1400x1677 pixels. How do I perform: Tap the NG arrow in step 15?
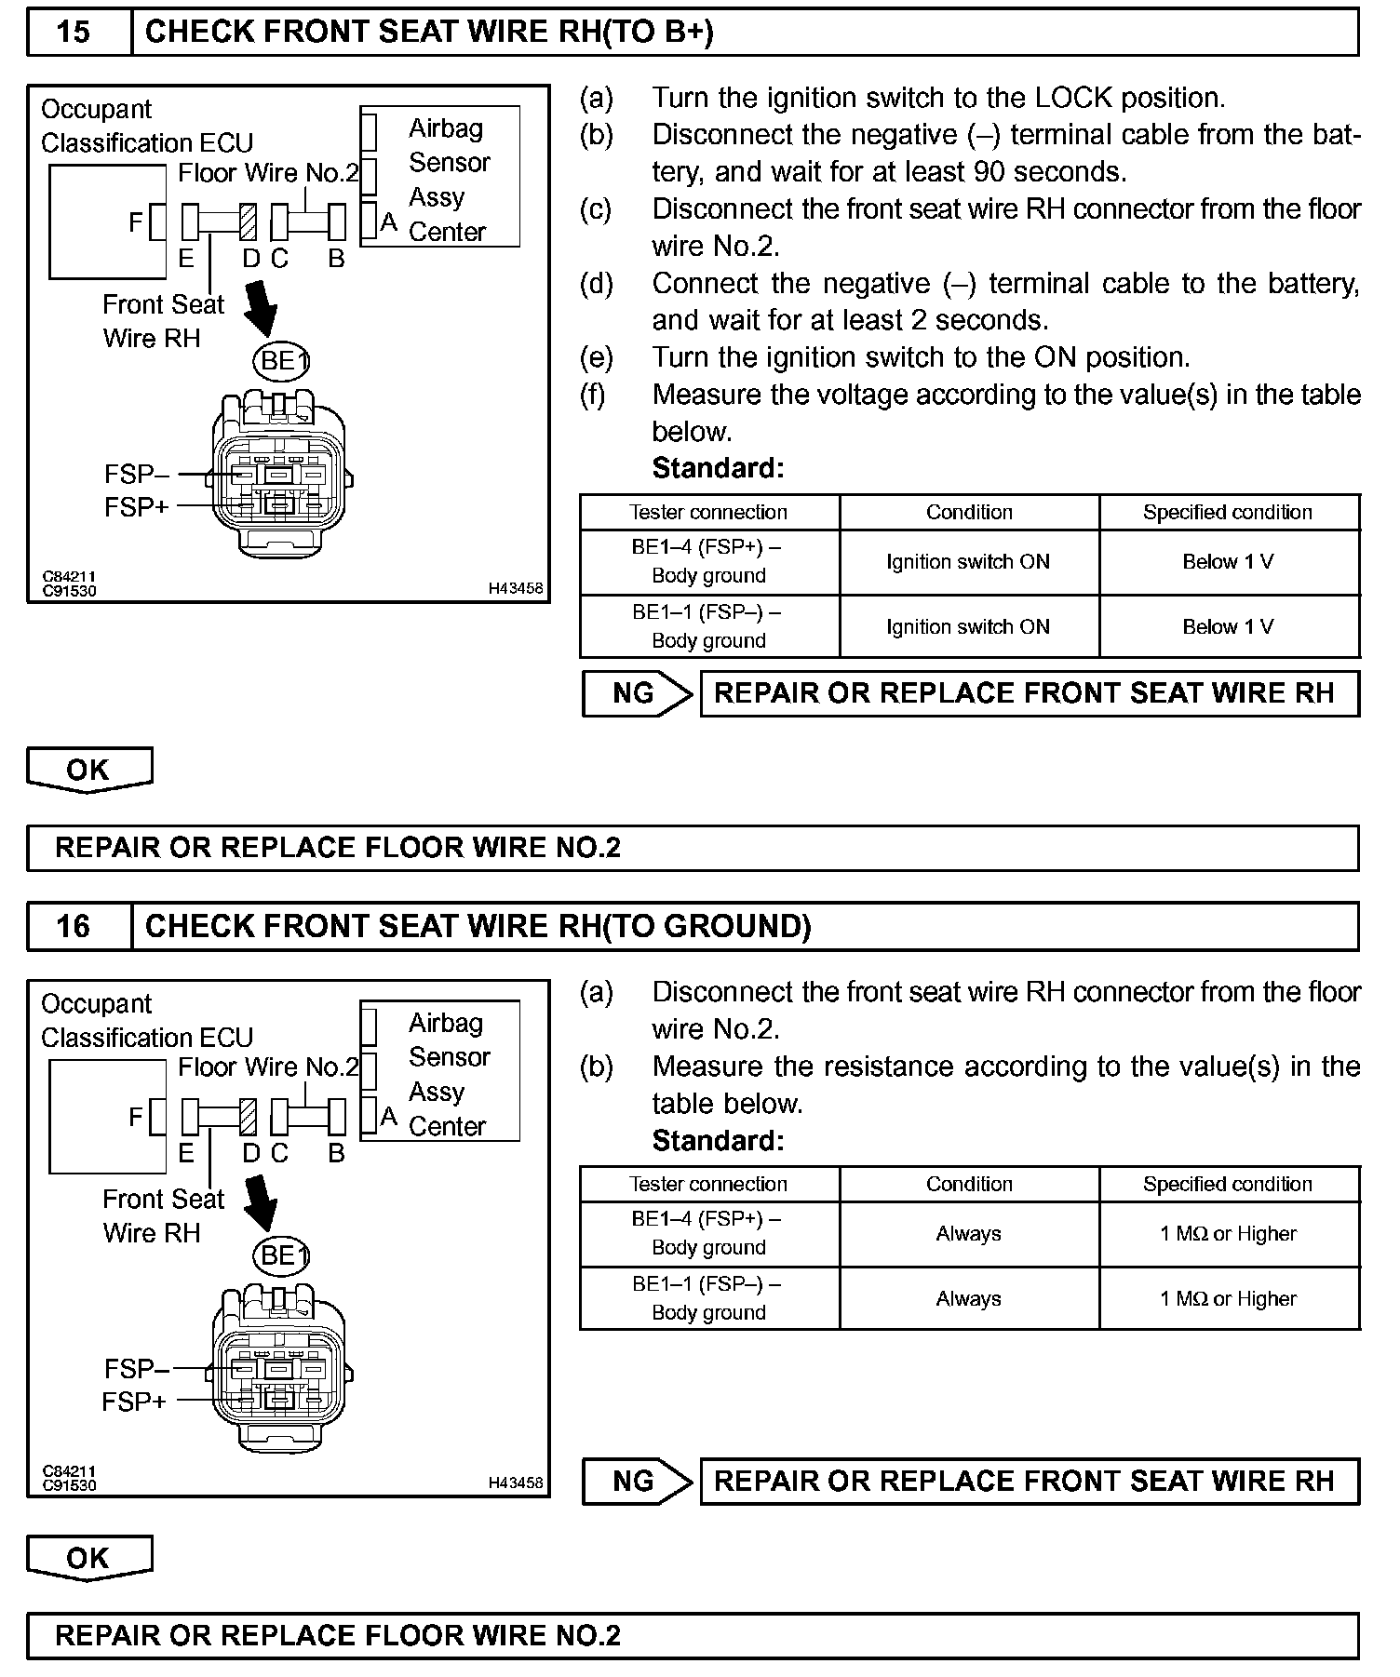point(638,693)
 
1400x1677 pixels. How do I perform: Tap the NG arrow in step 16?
point(638,1481)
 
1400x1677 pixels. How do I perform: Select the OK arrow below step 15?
point(88,771)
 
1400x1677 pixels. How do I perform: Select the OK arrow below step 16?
point(88,1558)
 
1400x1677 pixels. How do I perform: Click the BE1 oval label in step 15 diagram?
point(280,360)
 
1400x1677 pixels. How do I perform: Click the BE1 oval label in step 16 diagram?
point(280,1255)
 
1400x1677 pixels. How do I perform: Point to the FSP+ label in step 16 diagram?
point(134,1402)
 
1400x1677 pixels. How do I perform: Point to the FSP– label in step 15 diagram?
point(137,475)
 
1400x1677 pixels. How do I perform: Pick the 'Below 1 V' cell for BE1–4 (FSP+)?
point(1228,562)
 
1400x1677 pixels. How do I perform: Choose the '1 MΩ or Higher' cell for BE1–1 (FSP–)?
point(1228,1298)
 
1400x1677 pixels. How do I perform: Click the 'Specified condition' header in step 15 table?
point(1228,512)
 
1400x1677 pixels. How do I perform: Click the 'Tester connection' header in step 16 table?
point(708,1184)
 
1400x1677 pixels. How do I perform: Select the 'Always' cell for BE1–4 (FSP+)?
point(968,1234)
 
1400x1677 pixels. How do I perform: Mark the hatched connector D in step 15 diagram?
point(249,222)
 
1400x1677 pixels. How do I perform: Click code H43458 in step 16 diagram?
point(516,1483)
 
